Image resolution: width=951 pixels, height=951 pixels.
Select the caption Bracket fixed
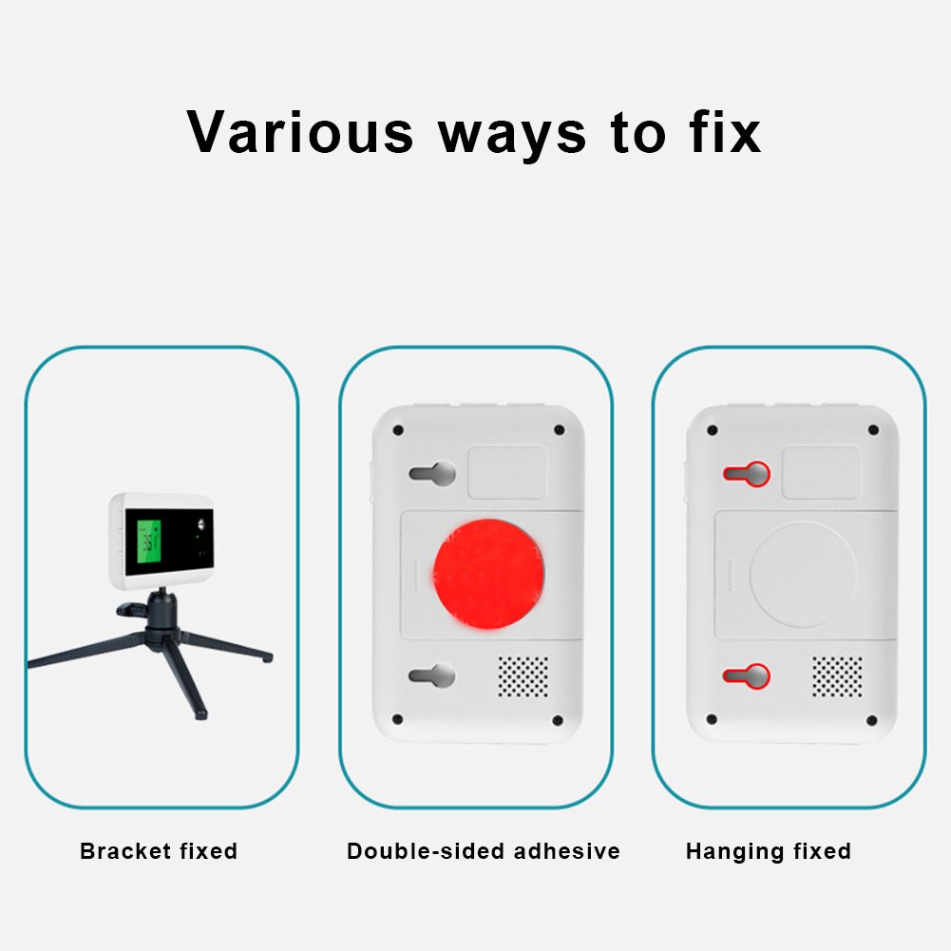159,851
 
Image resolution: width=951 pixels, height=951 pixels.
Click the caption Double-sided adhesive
483,851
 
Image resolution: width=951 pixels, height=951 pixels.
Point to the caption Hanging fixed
768,851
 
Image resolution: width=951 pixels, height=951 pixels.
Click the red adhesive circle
488,573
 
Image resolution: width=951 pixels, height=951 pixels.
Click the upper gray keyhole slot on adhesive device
433,473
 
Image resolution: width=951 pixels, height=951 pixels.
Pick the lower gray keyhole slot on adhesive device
433,675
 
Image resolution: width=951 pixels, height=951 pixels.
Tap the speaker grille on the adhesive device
523,675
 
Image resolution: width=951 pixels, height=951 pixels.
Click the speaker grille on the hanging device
837,675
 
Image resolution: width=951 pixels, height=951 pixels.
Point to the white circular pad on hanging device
802,573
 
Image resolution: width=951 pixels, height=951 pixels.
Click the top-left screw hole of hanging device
713,430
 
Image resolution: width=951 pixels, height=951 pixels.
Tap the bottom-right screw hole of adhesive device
558,720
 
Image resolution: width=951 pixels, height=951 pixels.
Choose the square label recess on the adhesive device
507,472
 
